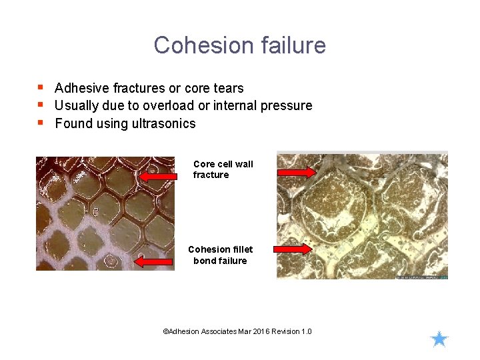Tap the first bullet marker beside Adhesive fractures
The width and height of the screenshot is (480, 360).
(x=41, y=87)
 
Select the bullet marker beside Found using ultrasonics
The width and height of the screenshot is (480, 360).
(x=41, y=123)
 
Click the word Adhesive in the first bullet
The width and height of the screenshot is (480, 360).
(x=82, y=88)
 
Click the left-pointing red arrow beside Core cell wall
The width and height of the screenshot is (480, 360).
(x=159, y=177)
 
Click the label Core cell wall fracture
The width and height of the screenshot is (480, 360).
(x=223, y=169)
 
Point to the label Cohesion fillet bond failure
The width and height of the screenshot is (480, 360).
(x=220, y=255)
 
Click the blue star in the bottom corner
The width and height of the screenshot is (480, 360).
(x=439, y=339)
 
